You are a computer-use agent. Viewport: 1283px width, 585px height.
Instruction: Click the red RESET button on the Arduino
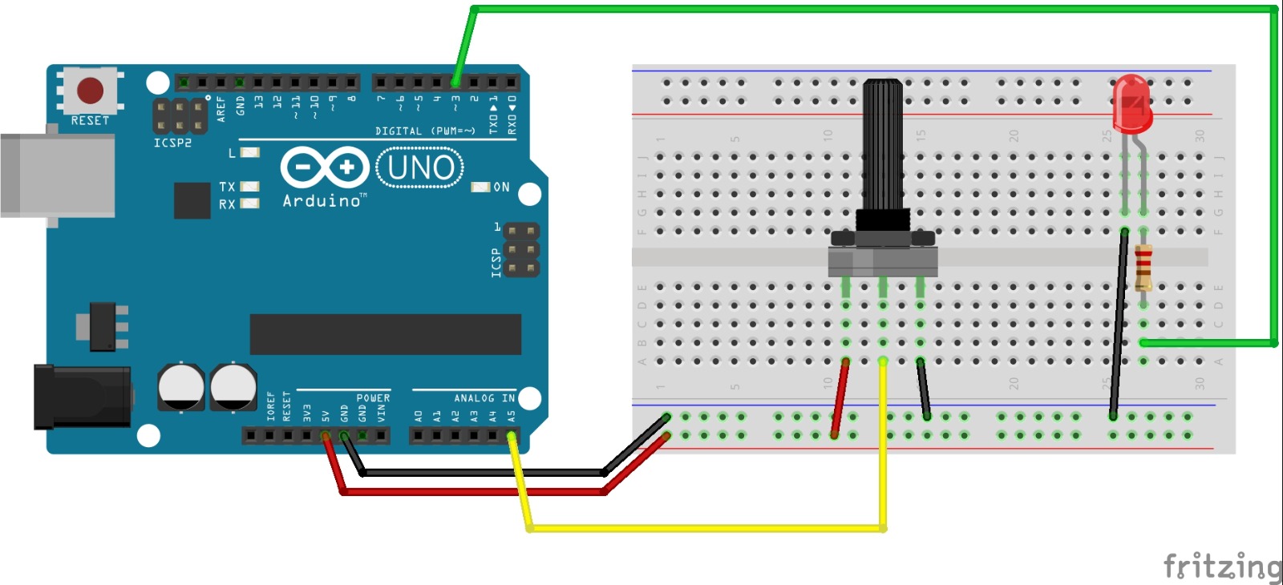pyautogui.click(x=90, y=90)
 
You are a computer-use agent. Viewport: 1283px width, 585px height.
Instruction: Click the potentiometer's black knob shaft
pyautogui.click(x=883, y=144)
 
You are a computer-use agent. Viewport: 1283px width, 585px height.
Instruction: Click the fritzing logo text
pyautogui.click(x=1221, y=566)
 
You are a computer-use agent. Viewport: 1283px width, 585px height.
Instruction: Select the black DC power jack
pyautogui.click(x=80, y=396)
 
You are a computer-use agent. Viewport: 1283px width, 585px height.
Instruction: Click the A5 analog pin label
pyautogui.click(x=512, y=416)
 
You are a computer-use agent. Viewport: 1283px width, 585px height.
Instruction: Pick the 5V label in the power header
pyautogui.click(x=326, y=416)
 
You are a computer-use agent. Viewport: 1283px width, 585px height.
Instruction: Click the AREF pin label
pyautogui.click(x=221, y=109)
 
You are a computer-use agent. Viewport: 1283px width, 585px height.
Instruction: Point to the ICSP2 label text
pyautogui.click(x=172, y=143)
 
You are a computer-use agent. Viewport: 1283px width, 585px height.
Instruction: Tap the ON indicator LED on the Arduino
pyautogui.click(x=480, y=187)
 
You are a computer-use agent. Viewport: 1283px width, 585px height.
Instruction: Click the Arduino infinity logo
pyautogui.click(x=324, y=168)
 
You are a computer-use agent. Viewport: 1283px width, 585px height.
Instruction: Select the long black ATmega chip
pyautogui.click(x=385, y=333)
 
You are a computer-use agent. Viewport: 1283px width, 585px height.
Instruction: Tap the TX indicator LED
pyautogui.click(x=250, y=187)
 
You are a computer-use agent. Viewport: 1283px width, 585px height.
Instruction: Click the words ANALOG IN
pyautogui.click(x=484, y=397)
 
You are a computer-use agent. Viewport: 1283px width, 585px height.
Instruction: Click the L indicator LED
pyautogui.click(x=250, y=152)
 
